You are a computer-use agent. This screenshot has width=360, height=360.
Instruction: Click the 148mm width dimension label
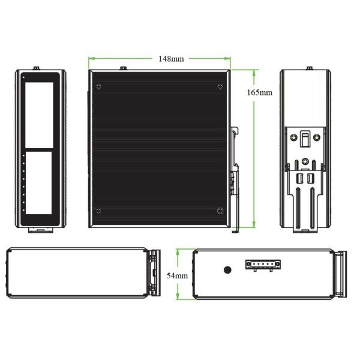click(171, 59)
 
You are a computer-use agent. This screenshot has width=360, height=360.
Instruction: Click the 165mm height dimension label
click(259, 92)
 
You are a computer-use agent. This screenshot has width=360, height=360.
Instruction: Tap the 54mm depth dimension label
click(177, 275)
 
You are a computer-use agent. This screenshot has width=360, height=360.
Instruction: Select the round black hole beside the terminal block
click(227, 270)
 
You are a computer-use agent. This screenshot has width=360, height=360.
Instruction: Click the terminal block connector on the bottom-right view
click(263, 265)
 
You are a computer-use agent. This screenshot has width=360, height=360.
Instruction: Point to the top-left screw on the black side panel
click(99, 86)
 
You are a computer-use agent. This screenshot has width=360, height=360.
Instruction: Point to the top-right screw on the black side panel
click(220, 86)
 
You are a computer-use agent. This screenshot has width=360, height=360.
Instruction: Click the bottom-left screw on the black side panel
click(99, 211)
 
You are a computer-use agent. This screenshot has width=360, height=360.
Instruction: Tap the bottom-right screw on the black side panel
click(220, 211)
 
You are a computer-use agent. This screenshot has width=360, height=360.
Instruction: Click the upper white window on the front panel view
click(39, 115)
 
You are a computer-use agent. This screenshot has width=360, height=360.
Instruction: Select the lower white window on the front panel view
click(38, 183)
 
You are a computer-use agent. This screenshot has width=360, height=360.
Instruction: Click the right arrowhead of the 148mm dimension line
click(227, 59)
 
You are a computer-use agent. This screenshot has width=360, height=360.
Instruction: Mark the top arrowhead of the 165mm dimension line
click(254, 73)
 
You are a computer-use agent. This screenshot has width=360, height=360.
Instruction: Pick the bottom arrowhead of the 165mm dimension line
click(254, 224)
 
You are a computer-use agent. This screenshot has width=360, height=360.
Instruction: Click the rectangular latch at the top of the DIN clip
click(305, 139)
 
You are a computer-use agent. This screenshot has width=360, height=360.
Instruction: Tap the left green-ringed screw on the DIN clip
click(293, 137)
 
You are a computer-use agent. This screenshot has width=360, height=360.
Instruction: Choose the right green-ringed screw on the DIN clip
click(317, 137)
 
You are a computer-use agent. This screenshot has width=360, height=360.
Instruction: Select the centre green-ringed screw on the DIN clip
click(305, 161)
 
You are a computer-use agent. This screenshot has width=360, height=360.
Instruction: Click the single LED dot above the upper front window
click(23, 77)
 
